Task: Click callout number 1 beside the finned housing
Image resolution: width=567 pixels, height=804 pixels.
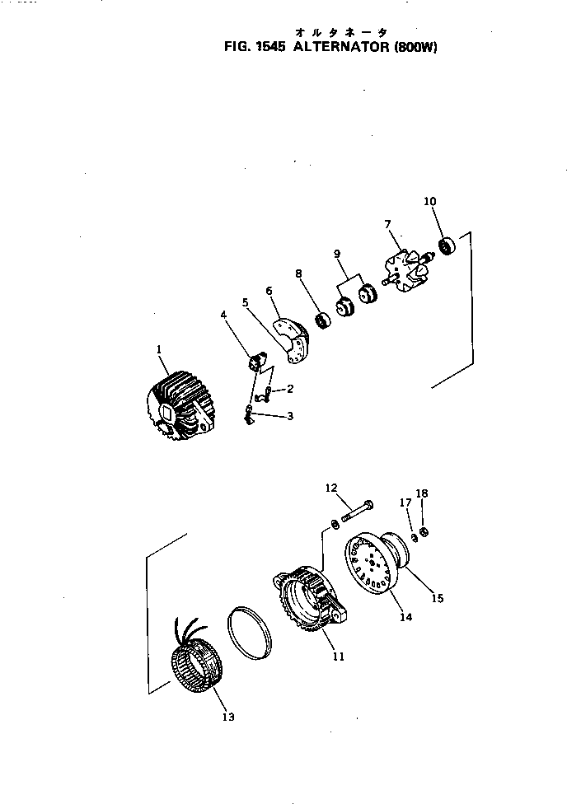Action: [159, 349]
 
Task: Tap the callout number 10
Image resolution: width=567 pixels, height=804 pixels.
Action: [430, 201]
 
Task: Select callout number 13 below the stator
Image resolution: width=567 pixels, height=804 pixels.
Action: [227, 717]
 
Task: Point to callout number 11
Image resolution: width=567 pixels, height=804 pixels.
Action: [339, 657]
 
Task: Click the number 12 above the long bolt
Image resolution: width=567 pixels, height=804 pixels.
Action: [331, 488]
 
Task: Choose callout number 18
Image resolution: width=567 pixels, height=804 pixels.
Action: [422, 493]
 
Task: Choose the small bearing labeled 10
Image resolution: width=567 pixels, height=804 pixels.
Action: [448, 245]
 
